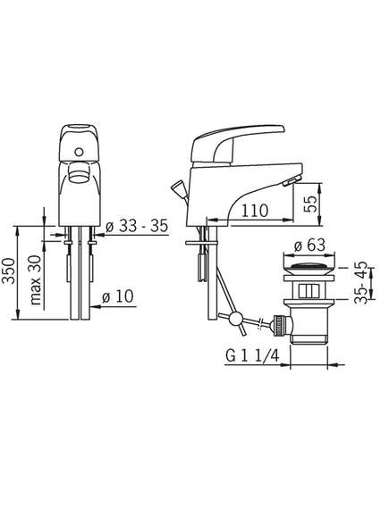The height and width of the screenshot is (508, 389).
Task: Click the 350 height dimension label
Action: (x=8, y=271)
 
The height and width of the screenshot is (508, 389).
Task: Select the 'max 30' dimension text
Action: (x=36, y=280)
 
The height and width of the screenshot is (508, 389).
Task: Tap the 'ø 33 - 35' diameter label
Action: (x=137, y=226)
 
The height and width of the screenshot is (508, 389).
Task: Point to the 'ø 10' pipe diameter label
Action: (x=117, y=296)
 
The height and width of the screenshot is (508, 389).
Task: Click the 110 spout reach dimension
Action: (x=254, y=211)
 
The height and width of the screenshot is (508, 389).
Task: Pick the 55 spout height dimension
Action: (x=310, y=204)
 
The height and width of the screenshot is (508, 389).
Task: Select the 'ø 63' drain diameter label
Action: (x=309, y=246)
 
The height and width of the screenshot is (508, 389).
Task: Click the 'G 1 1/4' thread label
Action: (x=252, y=356)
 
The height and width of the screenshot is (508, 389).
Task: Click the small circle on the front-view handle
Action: (x=78, y=151)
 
